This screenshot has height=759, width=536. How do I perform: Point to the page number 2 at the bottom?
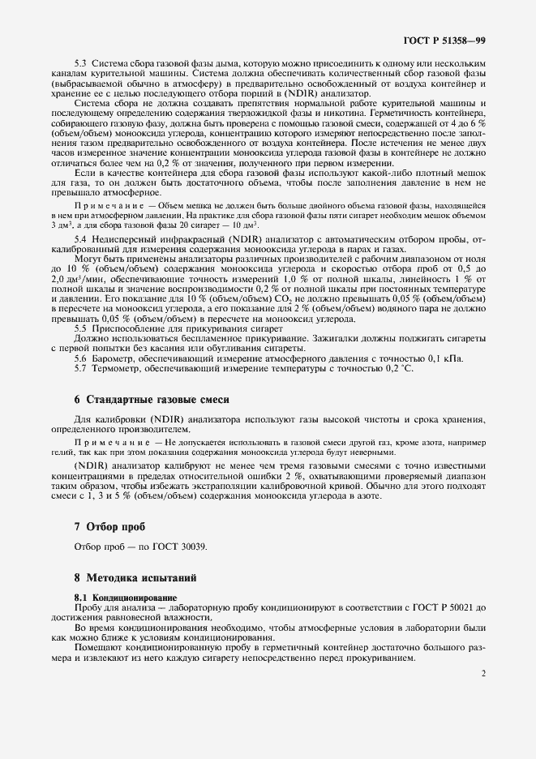point(482,672)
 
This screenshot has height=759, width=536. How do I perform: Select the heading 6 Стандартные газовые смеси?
point(152,400)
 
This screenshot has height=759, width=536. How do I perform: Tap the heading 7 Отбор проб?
point(109,526)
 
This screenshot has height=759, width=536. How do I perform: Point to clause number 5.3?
point(81,63)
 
